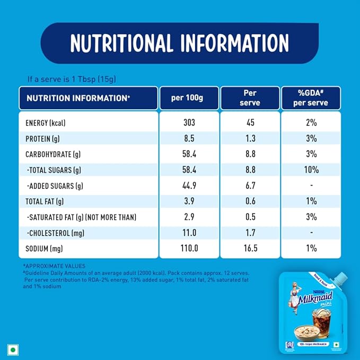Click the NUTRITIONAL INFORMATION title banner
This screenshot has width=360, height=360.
180,43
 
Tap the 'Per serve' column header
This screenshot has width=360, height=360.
250,98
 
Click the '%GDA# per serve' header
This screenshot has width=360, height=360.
311,98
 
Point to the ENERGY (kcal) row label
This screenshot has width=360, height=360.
49,123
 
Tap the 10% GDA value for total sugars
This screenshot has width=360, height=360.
311,170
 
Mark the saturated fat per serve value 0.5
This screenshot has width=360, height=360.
250,217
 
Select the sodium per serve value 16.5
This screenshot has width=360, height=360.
250,248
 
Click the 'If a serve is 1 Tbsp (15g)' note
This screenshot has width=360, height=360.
72,79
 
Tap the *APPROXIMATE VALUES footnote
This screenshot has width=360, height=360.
54,266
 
